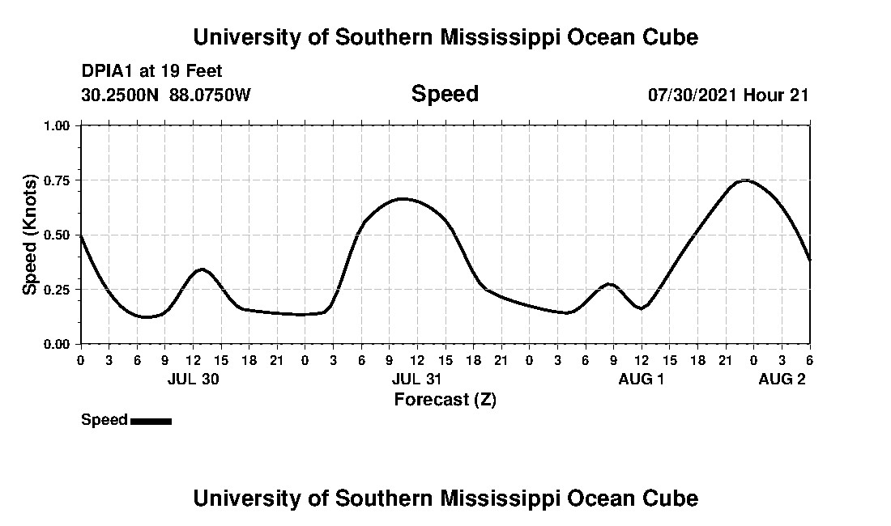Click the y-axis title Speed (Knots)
(x=30, y=234)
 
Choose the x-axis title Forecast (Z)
(x=445, y=399)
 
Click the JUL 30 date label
(x=193, y=379)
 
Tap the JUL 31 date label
(x=417, y=379)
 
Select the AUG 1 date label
(x=641, y=379)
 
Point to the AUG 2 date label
(x=782, y=379)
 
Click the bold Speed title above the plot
(x=445, y=94)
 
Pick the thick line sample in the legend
(x=151, y=421)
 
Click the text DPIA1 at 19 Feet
(x=141, y=71)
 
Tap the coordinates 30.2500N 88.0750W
(x=166, y=95)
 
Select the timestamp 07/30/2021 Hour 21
(x=728, y=95)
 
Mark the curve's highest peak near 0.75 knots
(x=745, y=180)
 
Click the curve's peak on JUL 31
(x=403, y=198)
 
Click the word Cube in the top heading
(x=675, y=37)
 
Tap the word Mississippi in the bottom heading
(x=495, y=498)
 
